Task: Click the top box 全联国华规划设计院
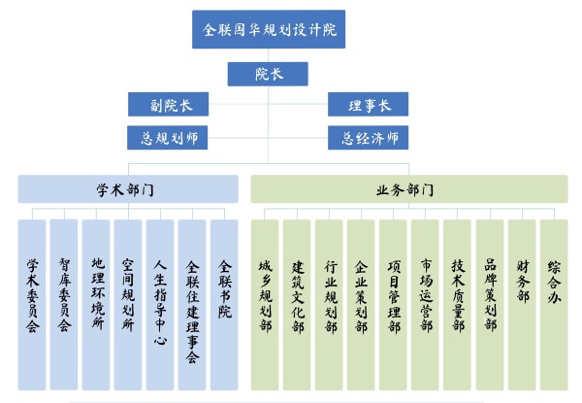pyautogui.click(x=269, y=29)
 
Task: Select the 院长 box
pyautogui.click(x=269, y=74)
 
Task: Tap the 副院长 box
pyautogui.click(x=168, y=105)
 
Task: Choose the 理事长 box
pyautogui.click(x=367, y=105)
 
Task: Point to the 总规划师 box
pyautogui.click(x=168, y=138)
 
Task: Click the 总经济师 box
pyautogui.click(x=367, y=138)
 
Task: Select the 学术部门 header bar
pyautogui.click(x=127, y=188)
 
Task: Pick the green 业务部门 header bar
pyautogui.click(x=408, y=188)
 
